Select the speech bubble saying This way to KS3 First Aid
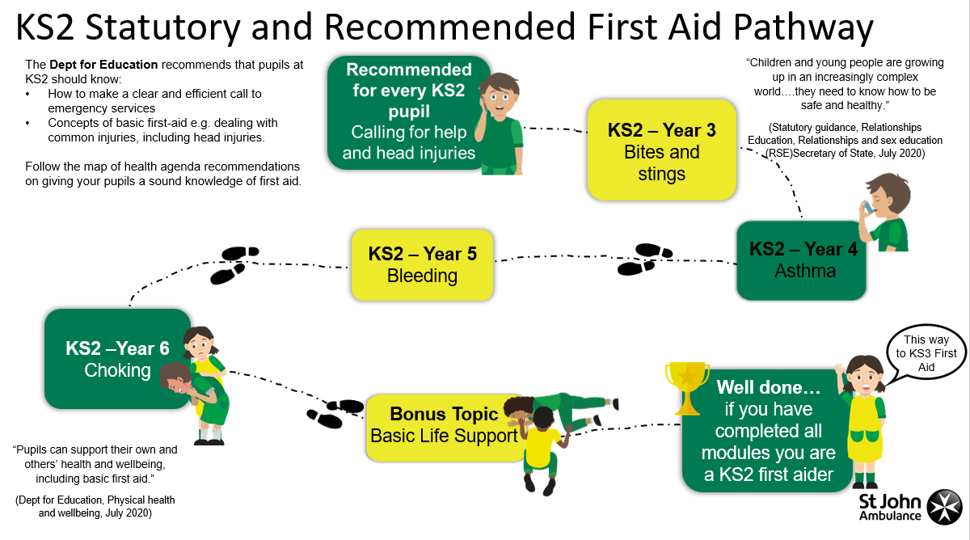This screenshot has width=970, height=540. tap(926, 354)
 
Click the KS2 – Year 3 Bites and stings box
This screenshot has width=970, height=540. tap(662, 150)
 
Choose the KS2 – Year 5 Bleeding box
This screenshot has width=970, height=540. tap(422, 264)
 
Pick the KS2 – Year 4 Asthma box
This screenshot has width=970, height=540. tap(801, 260)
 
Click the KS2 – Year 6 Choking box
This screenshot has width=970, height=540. tap(117, 359)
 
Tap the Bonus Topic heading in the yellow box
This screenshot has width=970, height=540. tap(444, 414)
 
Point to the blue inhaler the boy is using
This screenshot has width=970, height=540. tap(868, 208)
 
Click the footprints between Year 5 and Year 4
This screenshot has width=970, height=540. tap(645, 259)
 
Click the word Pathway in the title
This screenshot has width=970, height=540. tap(803, 27)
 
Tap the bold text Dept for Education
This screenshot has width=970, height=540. tap(103, 65)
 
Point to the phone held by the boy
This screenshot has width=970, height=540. tap(483, 105)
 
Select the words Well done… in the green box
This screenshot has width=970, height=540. tap(768, 387)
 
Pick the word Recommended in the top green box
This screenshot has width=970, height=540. tap(409, 70)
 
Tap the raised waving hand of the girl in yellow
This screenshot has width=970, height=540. tap(839, 369)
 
